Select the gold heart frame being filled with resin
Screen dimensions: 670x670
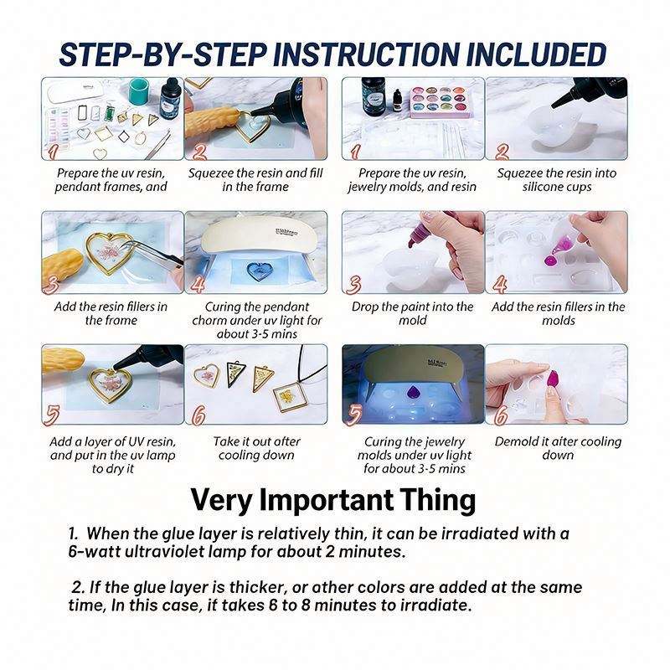click(x=253, y=126)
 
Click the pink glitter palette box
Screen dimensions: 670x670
click(x=440, y=102)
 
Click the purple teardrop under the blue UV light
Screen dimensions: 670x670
click(x=413, y=392)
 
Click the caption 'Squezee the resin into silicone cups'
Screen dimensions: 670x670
click(x=557, y=180)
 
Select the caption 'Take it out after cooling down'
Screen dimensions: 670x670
click(x=256, y=448)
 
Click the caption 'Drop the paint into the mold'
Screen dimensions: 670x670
click(x=412, y=313)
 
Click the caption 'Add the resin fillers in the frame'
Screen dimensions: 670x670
click(x=111, y=313)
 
